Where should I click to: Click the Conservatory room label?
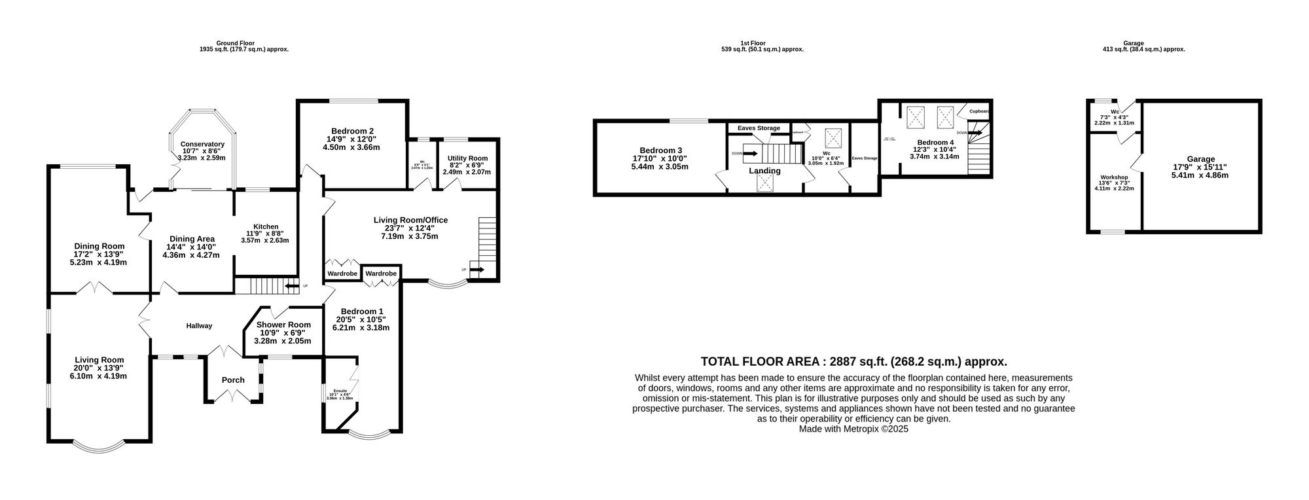[202, 144]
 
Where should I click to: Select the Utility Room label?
[467, 158]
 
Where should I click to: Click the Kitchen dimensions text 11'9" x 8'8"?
[264, 233]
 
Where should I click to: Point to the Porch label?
[233, 380]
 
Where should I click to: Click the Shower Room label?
[283, 325]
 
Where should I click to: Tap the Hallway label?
[199, 325]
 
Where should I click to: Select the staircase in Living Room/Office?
[488, 239]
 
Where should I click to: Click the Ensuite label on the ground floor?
[339, 390]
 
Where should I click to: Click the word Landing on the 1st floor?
[764, 171]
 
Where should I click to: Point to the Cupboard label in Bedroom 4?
[979, 111]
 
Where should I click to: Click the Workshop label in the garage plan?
[1113, 177]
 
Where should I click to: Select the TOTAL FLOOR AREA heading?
[853, 361]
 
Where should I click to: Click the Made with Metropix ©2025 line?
[853, 429]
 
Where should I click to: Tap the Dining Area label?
[192, 239]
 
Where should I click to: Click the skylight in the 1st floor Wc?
[833, 138]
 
